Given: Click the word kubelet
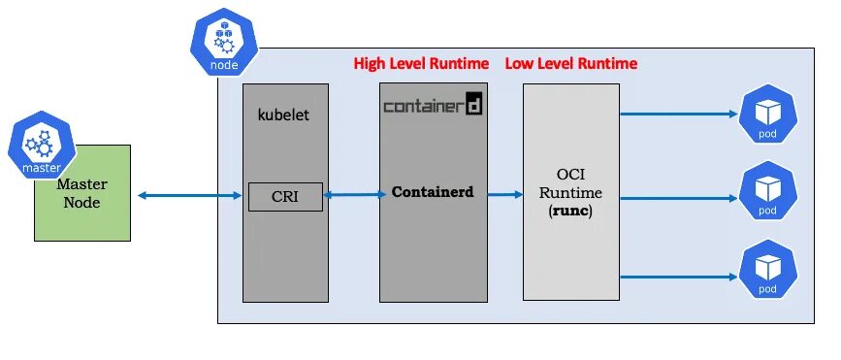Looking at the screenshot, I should pos(284,114).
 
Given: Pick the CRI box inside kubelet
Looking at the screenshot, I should pos(285,197).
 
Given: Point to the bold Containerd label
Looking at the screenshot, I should pos(433,192).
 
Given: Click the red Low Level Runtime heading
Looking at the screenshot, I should pos(571,64).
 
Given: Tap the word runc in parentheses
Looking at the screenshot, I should pos(571,210).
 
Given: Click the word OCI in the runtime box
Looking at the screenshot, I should pos(571,175).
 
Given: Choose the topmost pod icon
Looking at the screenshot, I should pos(767,115).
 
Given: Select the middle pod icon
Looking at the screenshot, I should pos(767,191).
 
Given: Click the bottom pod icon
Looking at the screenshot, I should pos(767,271).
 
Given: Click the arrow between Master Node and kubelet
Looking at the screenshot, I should pos(189,196).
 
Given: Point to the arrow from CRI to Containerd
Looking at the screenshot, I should pos(350,196).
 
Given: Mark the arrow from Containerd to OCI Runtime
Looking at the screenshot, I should pos(504,195).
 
